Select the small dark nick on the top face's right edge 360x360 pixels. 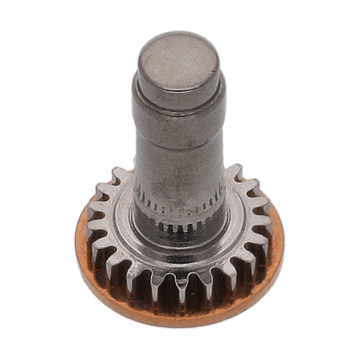click(213, 68)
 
